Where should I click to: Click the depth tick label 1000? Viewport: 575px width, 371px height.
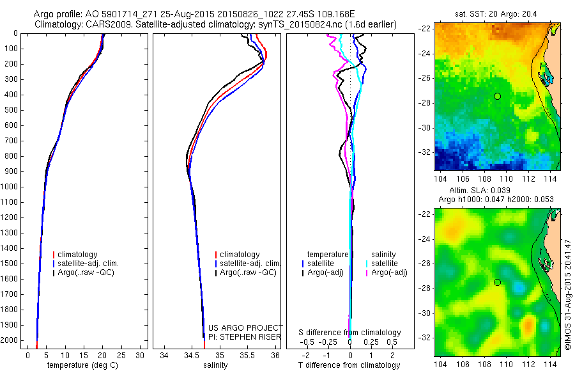pos(10,187)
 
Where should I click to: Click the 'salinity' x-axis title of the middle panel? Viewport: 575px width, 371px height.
pos(215,365)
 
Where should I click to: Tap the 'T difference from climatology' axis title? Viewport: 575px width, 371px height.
pos(349,365)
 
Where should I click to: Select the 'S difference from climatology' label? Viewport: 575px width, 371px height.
pos(349,333)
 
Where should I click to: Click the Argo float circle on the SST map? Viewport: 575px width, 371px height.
pos(496,96)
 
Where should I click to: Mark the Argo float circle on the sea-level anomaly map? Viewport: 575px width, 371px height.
pos(496,283)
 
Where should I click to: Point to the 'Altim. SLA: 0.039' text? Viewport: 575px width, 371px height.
pos(497,191)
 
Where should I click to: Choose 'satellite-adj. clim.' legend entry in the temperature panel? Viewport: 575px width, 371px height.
pos(88,264)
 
